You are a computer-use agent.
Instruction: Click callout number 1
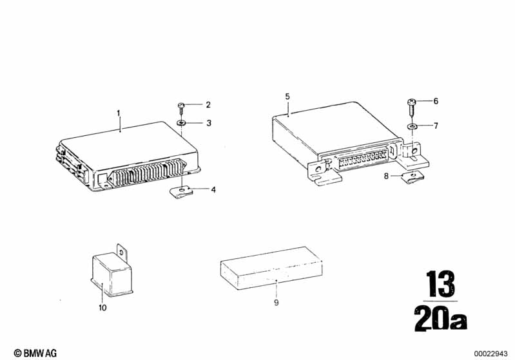pyautogui.click(x=119, y=113)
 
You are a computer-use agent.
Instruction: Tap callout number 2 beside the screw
pyautogui.click(x=208, y=105)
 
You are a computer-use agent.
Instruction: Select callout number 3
pyautogui.click(x=209, y=123)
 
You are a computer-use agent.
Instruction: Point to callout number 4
pyautogui.click(x=213, y=190)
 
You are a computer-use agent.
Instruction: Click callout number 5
pyautogui.click(x=287, y=97)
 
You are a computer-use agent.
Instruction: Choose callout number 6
pyautogui.click(x=436, y=100)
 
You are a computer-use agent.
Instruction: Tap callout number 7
pyautogui.click(x=436, y=126)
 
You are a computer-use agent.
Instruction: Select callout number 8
pyautogui.click(x=386, y=176)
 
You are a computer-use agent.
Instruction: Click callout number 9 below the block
pyautogui.click(x=277, y=303)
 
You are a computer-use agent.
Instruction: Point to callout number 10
pyautogui.click(x=102, y=308)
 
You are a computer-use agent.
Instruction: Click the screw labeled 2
pyautogui.click(x=181, y=108)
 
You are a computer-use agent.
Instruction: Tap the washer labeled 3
pyautogui.click(x=181, y=123)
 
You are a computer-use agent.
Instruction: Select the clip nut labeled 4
pyautogui.click(x=180, y=192)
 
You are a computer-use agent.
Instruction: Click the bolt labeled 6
pyautogui.click(x=411, y=106)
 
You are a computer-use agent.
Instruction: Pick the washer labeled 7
pyautogui.click(x=411, y=126)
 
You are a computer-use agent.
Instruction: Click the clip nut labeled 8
pyautogui.click(x=413, y=178)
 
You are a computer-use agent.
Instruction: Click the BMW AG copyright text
pyautogui.click(x=35, y=353)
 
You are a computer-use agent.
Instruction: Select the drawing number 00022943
pyautogui.click(x=491, y=354)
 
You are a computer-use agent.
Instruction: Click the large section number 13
pyautogui.click(x=440, y=284)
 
